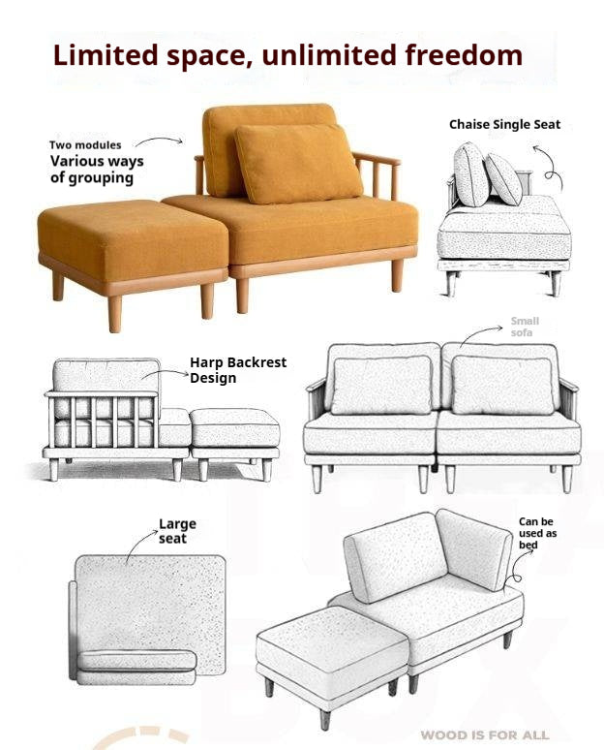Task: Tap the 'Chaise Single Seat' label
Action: click(x=504, y=125)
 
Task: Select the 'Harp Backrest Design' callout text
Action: click(x=237, y=370)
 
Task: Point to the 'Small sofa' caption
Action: click(x=525, y=327)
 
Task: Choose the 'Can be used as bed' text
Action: click(x=537, y=533)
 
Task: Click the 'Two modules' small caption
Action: click(x=85, y=145)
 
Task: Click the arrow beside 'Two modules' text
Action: click(x=159, y=141)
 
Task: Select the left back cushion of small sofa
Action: click(x=381, y=384)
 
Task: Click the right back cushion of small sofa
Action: click(x=501, y=384)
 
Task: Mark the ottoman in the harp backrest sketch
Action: click(x=235, y=435)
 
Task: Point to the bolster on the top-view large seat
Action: click(x=136, y=661)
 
